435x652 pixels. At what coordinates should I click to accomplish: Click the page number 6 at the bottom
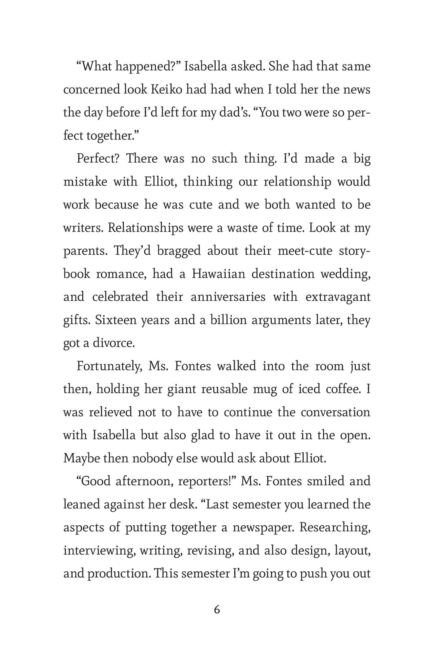(x=217, y=610)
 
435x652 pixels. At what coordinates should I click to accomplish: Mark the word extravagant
(x=338, y=297)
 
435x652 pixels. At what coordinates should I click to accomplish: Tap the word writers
(x=83, y=227)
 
